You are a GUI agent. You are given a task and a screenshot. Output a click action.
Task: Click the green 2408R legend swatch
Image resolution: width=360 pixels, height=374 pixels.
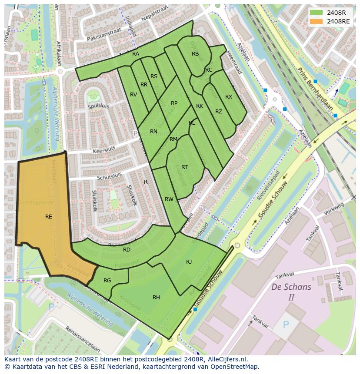pos(316,13)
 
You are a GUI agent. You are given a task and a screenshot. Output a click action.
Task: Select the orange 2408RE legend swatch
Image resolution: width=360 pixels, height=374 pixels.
pos(316,21)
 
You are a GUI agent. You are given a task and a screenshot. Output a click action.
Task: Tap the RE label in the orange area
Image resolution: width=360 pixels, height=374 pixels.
pos(49,216)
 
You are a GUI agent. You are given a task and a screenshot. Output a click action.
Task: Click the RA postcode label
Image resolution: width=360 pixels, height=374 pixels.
pos(136,54)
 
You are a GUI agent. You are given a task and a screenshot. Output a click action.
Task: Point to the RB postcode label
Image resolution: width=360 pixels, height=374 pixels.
pos(195,54)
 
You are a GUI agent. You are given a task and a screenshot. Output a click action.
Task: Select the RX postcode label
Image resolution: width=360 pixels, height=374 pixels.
pos(229,97)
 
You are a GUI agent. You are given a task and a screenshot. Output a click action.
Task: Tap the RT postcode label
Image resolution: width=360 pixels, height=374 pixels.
pos(184,167)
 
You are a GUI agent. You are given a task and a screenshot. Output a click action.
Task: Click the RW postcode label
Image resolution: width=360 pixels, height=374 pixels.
pos(169,199)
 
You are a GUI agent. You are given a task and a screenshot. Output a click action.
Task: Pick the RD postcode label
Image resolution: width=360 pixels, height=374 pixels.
pos(127,250)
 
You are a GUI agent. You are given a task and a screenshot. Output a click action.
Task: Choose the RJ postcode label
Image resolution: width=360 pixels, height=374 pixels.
pos(189,262)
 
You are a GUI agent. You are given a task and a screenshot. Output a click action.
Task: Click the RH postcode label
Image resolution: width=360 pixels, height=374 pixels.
pos(156,298)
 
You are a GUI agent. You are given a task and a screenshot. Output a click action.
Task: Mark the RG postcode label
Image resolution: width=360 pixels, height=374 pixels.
pos(107,281)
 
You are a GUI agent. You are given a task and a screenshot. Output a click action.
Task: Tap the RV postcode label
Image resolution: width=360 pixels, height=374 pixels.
pos(133,95)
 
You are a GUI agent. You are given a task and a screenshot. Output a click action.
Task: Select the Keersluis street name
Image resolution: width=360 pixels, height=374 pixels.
pos(105,150)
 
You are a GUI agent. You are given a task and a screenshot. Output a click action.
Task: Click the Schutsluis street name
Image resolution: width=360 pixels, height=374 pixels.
pos(109,175)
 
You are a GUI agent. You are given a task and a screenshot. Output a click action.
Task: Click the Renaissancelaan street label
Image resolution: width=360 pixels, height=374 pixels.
pos(82,341)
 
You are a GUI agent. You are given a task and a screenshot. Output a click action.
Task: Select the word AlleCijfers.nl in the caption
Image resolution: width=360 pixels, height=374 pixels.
pos(226,359)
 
